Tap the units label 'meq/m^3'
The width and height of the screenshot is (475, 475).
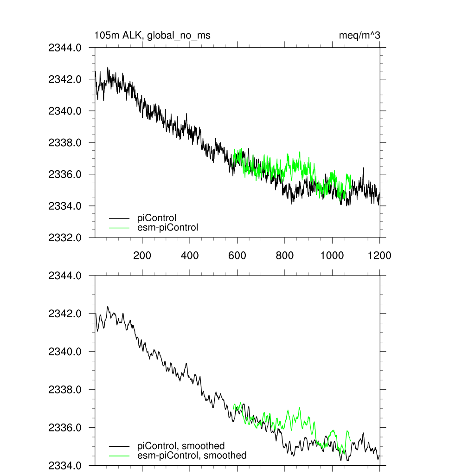(360, 35)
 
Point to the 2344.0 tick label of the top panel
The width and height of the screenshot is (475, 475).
(65, 47)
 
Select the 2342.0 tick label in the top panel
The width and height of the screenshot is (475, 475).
(65, 79)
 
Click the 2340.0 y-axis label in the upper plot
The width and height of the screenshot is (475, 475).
(65, 111)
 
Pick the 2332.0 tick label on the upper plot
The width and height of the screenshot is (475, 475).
(65, 237)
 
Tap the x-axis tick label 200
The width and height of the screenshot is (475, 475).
(142, 255)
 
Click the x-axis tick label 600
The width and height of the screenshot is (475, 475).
(237, 255)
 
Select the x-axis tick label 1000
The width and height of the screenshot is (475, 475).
(332, 255)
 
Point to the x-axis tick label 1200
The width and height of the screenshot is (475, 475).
(379, 255)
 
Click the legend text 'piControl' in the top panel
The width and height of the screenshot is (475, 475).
(157, 218)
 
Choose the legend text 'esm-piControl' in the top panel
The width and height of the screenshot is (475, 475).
(168, 227)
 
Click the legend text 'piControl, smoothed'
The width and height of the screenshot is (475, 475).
(181, 446)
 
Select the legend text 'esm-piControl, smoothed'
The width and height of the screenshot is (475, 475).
(192, 456)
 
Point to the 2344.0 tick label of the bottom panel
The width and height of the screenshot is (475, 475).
(65, 276)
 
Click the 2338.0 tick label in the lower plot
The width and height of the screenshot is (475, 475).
(65, 389)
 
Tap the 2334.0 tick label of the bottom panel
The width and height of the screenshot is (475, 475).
(65, 465)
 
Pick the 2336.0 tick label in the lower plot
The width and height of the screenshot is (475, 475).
(65, 427)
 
